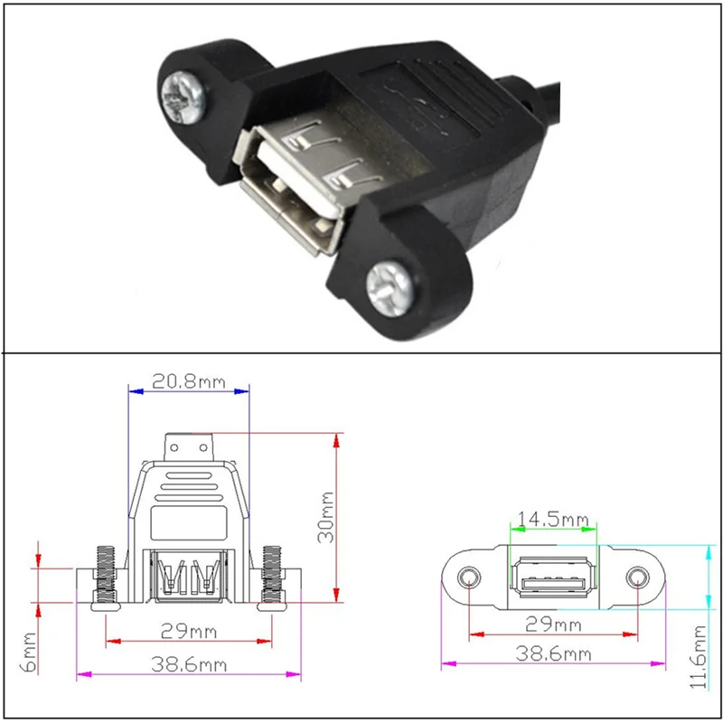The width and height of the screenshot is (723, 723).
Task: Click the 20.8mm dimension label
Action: click(189, 381)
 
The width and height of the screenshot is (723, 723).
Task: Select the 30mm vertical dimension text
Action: click(326, 517)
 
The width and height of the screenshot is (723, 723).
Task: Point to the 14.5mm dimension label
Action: click(553, 520)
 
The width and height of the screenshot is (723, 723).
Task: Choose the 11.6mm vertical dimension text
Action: click(698, 657)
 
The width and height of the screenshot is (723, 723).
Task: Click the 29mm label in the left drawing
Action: click(189, 631)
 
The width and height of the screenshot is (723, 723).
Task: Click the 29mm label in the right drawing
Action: click(553, 624)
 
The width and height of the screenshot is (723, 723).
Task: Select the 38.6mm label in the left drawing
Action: click(189, 664)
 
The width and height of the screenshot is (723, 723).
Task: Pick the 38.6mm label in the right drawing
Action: click(553, 653)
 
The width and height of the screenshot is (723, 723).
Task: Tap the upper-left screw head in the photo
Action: click(183, 98)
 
